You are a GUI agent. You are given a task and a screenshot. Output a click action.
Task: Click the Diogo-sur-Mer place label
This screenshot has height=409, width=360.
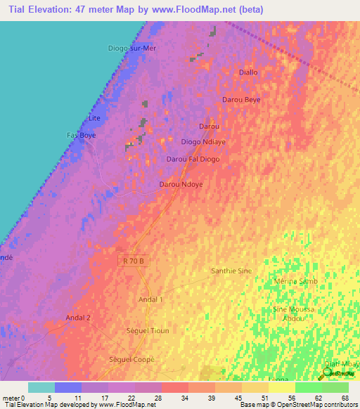click(x=132, y=48)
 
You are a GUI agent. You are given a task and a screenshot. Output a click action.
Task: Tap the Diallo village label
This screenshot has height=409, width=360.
click(x=249, y=72)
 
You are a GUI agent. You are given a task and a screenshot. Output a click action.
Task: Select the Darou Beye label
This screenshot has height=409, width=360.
click(x=241, y=100)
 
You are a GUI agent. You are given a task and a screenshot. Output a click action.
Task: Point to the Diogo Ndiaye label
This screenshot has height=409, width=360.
click(x=203, y=141)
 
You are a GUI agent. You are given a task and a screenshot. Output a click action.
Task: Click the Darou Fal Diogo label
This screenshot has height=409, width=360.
click(x=193, y=160)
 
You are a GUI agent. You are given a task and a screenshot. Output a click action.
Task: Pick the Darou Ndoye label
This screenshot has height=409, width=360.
click(x=181, y=184)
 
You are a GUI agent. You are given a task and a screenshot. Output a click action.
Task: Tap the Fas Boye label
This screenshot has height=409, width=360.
click(x=81, y=134)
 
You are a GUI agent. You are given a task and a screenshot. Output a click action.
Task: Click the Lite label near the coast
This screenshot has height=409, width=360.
click(x=95, y=118)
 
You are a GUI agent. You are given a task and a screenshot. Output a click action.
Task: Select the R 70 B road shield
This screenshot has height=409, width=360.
click(x=134, y=260)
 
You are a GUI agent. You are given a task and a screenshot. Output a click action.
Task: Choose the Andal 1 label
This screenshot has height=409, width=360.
click(x=150, y=299)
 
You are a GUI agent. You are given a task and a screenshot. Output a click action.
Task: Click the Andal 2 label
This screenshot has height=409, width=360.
click(x=78, y=318)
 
